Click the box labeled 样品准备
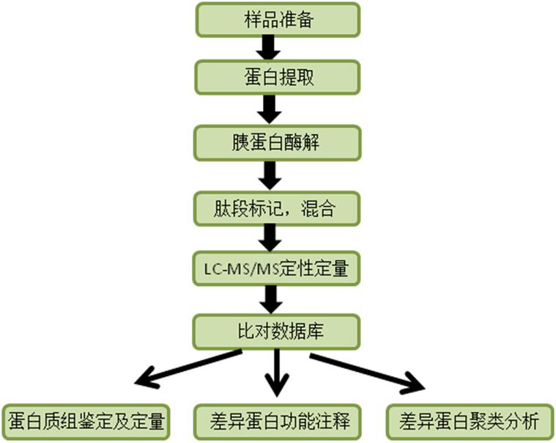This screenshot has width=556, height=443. click(x=277, y=20)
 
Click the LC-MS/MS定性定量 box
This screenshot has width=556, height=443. click(x=277, y=269)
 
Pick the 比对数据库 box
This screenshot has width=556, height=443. click(x=277, y=331)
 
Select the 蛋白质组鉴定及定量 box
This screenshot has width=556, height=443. click(x=87, y=422)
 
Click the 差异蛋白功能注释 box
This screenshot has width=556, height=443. click(x=277, y=422)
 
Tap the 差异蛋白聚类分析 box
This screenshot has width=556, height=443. click(x=470, y=422)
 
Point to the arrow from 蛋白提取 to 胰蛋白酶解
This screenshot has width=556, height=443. click(x=269, y=109)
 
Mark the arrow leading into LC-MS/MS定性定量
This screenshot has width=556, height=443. click(x=269, y=238)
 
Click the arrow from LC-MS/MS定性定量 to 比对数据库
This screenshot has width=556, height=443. click(x=269, y=299)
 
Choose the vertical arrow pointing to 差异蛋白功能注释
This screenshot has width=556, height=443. click(x=277, y=373)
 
